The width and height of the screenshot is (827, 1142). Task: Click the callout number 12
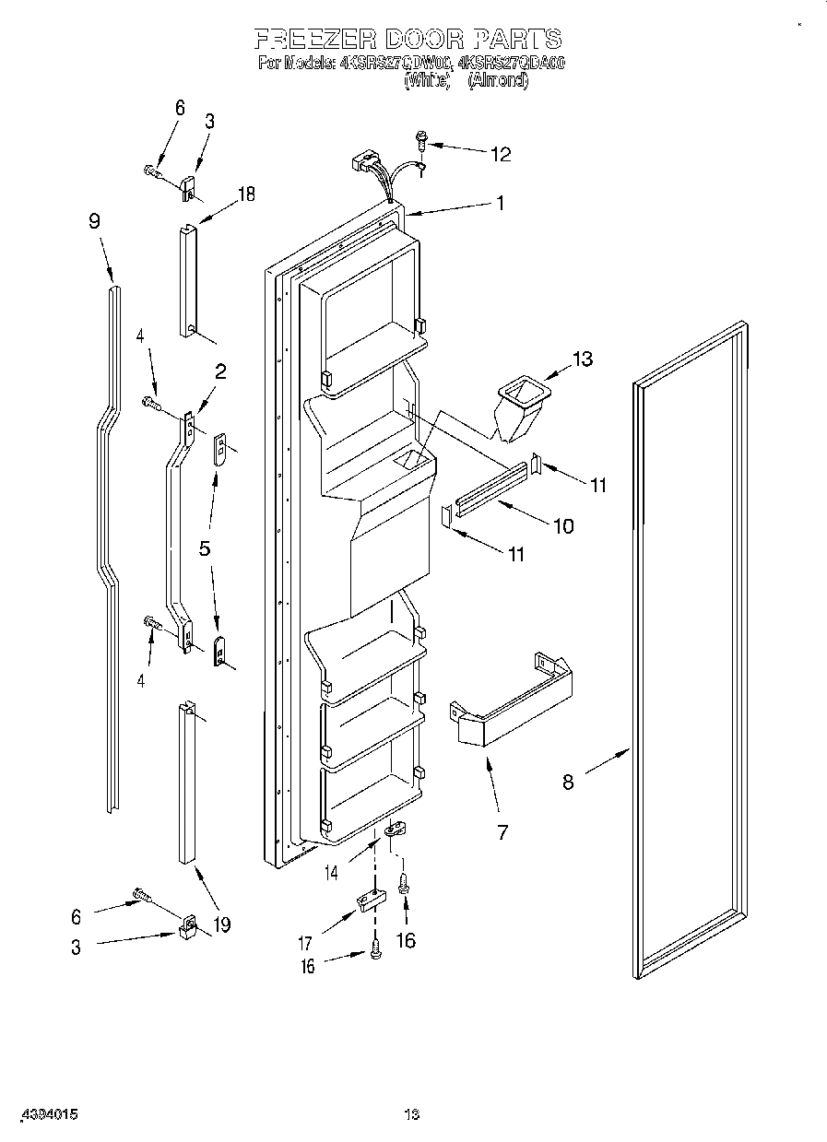(x=500, y=154)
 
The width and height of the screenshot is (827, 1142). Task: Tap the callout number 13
(x=583, y=359)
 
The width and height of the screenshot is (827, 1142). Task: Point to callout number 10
(x=562, y=526)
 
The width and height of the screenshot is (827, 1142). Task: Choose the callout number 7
(x=502, y=832)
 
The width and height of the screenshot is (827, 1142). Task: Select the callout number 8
(x=568, y=782)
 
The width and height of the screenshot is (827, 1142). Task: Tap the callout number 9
(x=94, y=221)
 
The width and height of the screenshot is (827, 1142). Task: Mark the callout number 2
(x=220, y=371)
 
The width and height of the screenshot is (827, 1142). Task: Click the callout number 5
(x=205, y=547)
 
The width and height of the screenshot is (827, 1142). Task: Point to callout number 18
(x=245, y=194)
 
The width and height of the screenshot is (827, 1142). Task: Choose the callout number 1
(x=501, y=203)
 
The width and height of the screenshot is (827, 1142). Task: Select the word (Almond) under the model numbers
(x=498, y=80)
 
